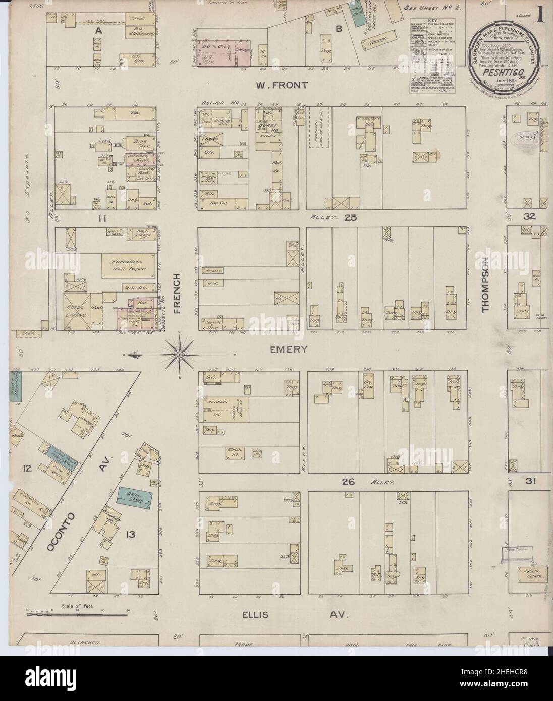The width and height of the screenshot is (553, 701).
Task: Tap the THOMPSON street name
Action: coord(486,285)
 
